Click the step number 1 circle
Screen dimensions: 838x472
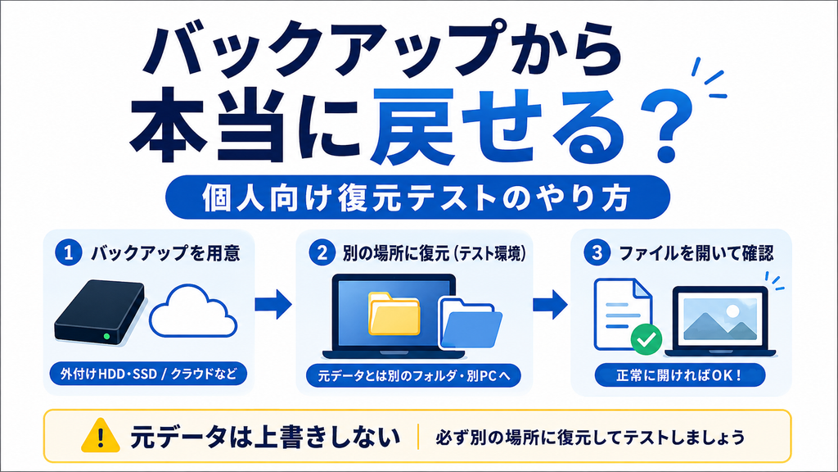tap(68, 252)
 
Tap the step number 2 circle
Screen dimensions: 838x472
tap(322, 252)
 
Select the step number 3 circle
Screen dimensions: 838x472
tap(597, 252)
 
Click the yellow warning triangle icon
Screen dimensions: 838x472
tap(101, 436)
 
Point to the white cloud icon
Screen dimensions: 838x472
tap(193, 312)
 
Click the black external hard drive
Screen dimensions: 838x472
tap(100, 312)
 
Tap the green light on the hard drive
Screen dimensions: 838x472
tap(107, 337)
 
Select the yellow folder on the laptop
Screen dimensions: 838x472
tap(394, 314)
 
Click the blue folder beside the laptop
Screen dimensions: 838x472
tap(471, 324)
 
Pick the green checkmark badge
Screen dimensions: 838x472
tap(647, 338)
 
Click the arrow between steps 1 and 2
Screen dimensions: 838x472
tap(273, 304)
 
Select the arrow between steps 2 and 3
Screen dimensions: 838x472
tap(551, 305)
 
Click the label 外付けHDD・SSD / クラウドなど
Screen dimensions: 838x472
tap(148, 374)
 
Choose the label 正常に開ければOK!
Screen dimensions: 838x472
tap(680, 374)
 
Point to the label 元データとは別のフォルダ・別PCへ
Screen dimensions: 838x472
tap(413, 375)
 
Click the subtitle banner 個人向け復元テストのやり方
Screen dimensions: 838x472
tap(417, 197)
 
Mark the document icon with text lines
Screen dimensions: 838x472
tap(623, 314)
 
